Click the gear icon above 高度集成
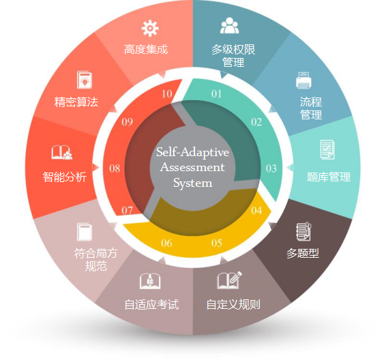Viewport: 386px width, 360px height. (x=150, y=29)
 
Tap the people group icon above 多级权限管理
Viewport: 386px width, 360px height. (x=229, y=25)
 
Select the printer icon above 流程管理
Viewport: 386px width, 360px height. (x=303, y=80)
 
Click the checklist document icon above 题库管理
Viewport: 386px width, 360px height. (x=327, y=149)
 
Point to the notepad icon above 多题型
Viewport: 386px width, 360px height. (x=303, y=231)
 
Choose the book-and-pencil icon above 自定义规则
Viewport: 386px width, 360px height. (x=229, y=280)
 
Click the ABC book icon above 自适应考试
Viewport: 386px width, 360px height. (x=150, y=281)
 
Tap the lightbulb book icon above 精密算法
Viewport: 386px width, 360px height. (x=85, y=80)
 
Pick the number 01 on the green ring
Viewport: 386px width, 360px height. (x=216, y=94)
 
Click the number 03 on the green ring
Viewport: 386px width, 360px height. (x=271, y=168)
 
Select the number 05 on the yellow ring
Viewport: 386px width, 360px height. (x=217, y=243)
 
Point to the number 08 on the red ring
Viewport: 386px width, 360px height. (x=115, y=168)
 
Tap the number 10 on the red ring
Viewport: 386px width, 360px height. (x=167, y=94)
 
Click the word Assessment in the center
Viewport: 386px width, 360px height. (x=192, y=167)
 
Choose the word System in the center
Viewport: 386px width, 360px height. (x=192, y=183)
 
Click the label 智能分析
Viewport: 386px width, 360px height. (x=65, y=177)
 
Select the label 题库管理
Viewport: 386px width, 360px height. (x=329, y=177)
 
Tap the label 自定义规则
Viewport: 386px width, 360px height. (x=233, y=304)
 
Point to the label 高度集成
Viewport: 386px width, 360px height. (x=146, y=49)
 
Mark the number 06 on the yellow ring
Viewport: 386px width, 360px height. (x=166, y=243)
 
